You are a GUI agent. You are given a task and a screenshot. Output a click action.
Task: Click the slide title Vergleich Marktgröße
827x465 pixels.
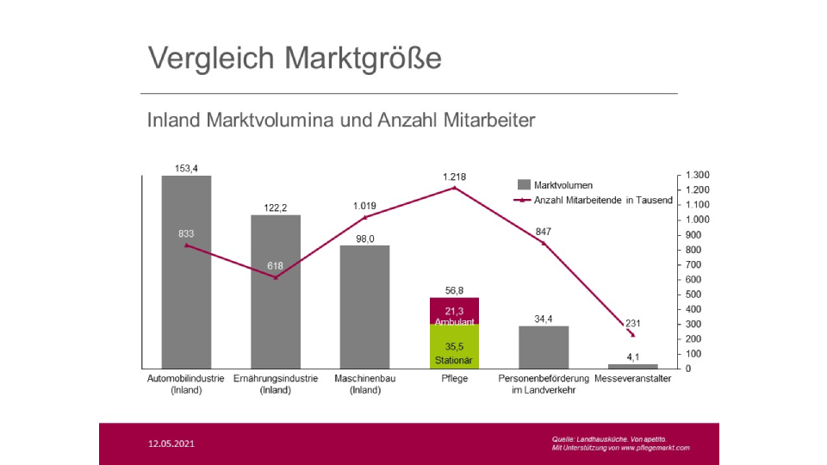(x=295, y=58)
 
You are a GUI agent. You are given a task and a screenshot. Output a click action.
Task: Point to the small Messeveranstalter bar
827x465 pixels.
(x=632, y=366)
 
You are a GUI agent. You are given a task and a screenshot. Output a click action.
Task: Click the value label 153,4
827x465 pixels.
(x=186, y=168)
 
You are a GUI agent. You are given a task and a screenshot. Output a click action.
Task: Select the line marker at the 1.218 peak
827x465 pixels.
(x=455, y=188)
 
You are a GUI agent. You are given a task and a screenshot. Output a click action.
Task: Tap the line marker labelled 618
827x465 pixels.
(x=276, y=277)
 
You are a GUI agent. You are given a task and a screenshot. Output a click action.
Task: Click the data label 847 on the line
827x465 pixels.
(x=543, y=232)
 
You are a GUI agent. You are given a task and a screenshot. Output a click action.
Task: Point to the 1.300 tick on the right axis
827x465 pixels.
(x=697, y=175)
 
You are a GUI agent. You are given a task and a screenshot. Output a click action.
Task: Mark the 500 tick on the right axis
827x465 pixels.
(x=693, y=294)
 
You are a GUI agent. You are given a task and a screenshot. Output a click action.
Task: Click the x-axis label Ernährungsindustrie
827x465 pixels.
(x=276, y=378)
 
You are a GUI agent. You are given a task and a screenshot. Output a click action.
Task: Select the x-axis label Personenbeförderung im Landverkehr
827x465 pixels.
(x=544, y=384)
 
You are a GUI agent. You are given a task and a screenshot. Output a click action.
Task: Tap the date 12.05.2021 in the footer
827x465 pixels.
(x=171, y=444)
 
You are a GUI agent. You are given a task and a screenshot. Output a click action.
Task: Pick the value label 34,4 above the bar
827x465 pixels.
(x=543, y=319)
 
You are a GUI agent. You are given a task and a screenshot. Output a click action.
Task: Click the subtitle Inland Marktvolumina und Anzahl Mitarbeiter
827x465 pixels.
(x=341, y=120)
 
